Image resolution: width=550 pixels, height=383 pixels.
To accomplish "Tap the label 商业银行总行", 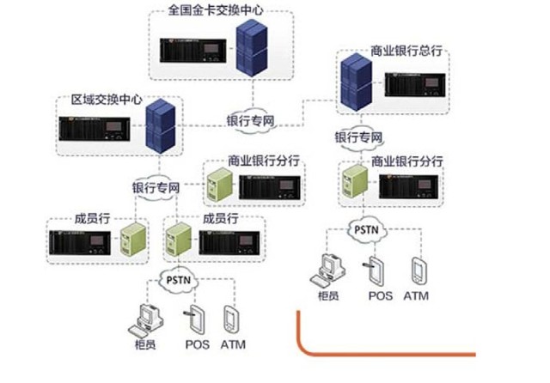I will point(406,51).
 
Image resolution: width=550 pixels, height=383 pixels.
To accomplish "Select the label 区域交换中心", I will point(106,100).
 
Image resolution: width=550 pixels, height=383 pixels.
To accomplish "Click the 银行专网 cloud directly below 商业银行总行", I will point(357,137).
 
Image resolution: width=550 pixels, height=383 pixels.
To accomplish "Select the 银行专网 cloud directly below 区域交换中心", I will point(156,186).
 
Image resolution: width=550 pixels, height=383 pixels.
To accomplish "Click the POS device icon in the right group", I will point(376,268).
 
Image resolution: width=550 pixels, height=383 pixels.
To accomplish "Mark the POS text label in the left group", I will point(196,345).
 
